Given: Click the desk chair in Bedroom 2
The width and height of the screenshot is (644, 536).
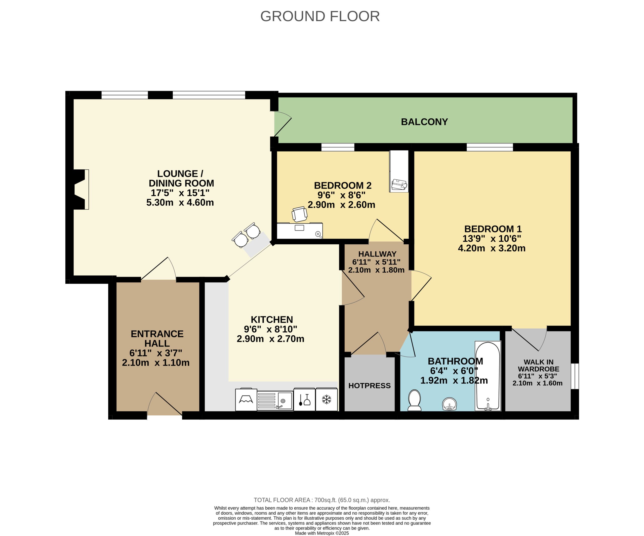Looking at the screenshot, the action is pyautogui.click(x=299, y=214).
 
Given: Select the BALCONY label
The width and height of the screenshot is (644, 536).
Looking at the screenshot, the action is pyautogui.click(x=424, y=122).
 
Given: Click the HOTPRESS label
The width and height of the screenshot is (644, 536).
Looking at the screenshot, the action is pyautogui.click(x=370, y=385).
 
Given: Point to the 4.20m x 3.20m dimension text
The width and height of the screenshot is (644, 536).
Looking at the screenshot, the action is pyautogui.click(x=492, y=248).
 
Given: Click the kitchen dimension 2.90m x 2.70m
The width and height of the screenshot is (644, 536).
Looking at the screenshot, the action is pyautogui.click(x=270, y=339).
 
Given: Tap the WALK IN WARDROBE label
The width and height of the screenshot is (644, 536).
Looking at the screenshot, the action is pyautogui.click(x=539, y=366).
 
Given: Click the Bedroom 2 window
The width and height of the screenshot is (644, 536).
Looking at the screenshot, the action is pyautogui.click(x=338, y=147).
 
